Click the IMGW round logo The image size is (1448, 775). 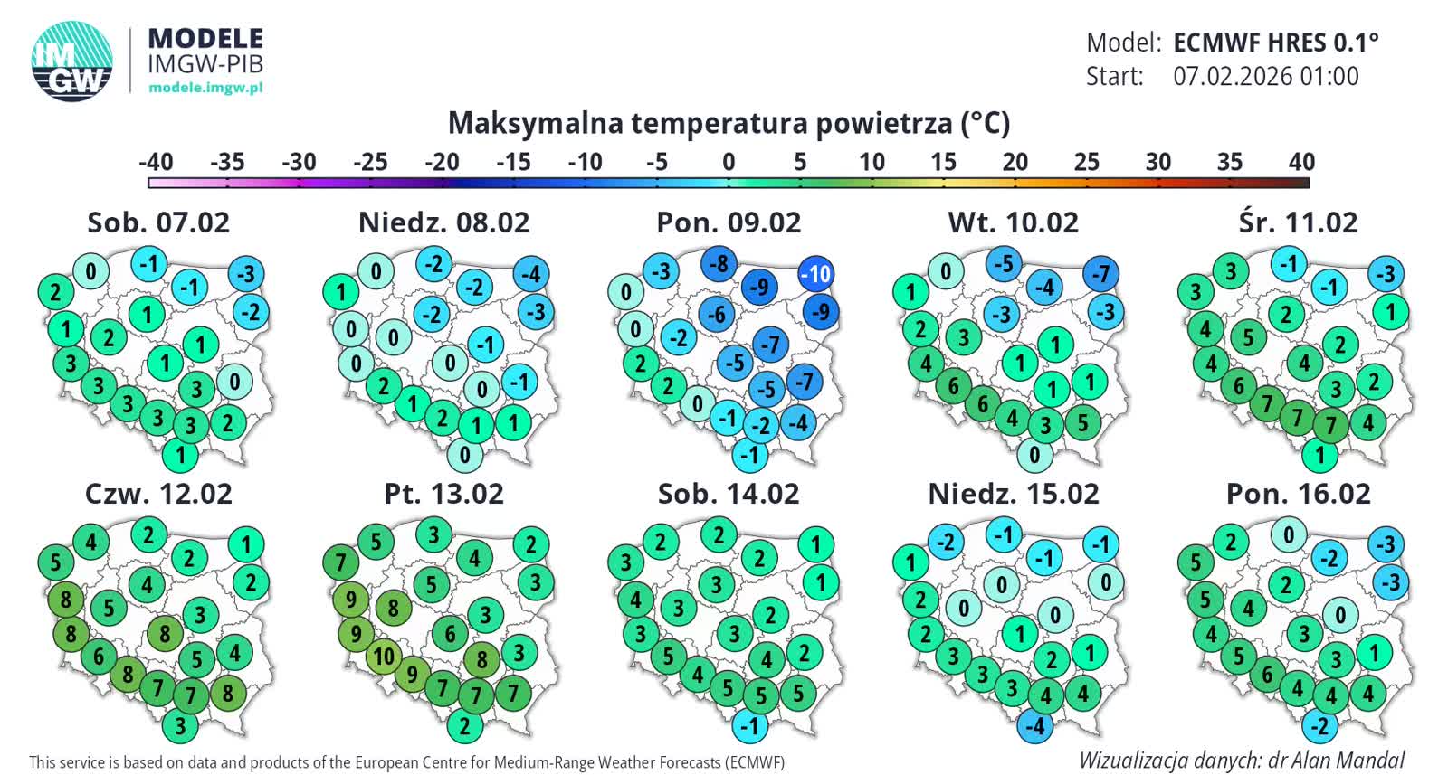point(72,61)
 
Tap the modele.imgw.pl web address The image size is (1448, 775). point(205,88)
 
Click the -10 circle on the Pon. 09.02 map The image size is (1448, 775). point(816,273)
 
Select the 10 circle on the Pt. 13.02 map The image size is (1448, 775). point(384,656)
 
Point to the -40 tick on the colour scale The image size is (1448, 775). point(156,162)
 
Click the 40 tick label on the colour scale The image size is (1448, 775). point(1300,162)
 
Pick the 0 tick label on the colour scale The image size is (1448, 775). point(729,162)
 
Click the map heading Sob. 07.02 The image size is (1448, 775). point(158,222)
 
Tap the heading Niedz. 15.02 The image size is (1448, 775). point(1014,494)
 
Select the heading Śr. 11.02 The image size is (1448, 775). point(1298,222)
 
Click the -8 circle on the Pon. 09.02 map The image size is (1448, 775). point(719,264)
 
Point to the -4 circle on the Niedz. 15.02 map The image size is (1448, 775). point(1035,725)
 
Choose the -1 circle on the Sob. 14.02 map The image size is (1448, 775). point(750,725)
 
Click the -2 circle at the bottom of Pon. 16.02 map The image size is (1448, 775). point(1320,725)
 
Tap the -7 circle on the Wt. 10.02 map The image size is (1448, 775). point(1100,273)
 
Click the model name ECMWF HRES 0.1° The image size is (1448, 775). point(1276,43)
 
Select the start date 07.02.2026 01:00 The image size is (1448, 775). point(1266,76)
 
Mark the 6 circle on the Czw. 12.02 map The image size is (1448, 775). point(100,656)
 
